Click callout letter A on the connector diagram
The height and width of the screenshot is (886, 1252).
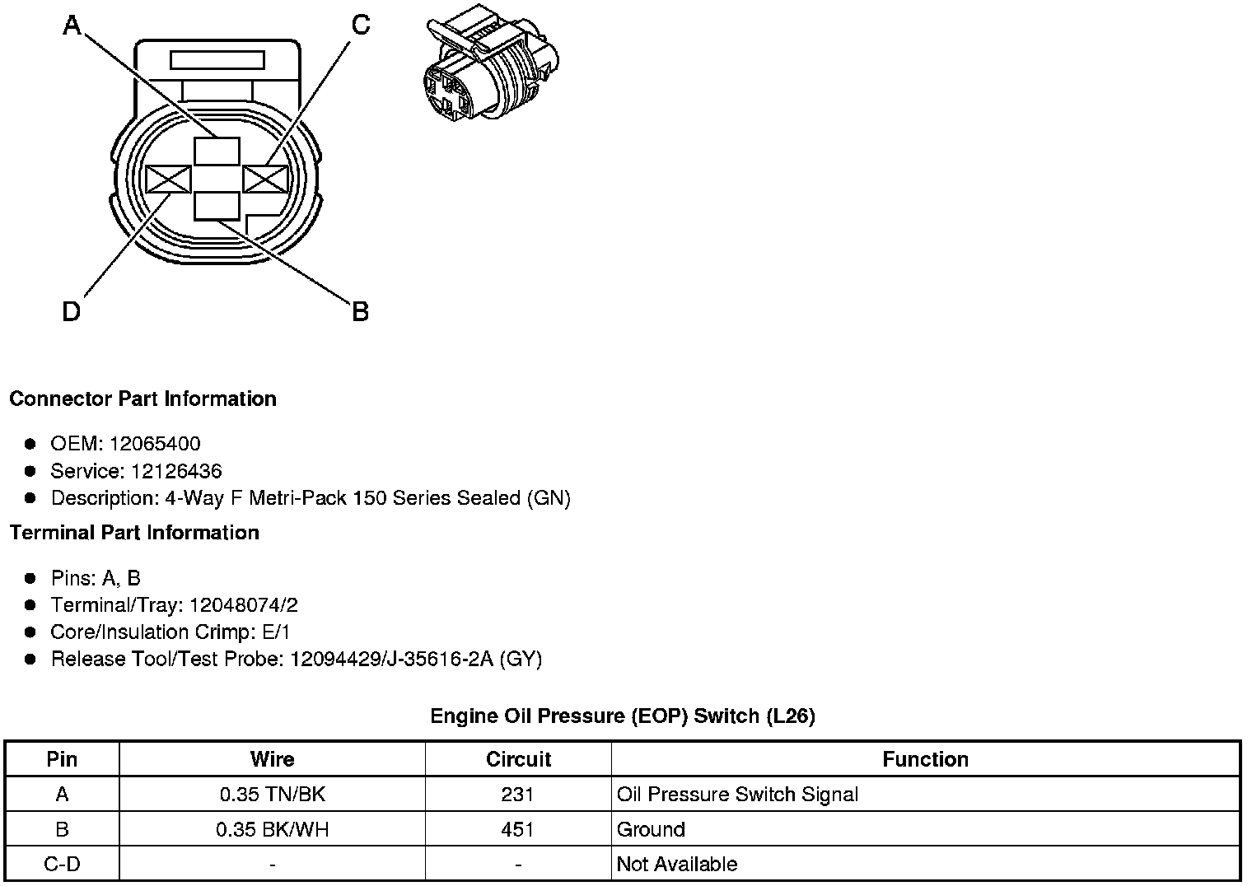[x=72, y=26]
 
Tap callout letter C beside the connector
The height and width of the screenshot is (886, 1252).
[x=361, y=26]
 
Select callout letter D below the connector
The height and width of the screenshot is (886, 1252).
[x=72, y=312]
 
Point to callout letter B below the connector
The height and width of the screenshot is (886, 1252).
[x=360, y=312]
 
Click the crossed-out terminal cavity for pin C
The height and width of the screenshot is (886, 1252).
[x=265, y=179]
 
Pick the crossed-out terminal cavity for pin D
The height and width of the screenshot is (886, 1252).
[x=168, y=179]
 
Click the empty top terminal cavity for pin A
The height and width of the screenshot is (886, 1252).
[x=217, y=152]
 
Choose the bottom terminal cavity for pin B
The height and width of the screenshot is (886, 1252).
[x=217, y=206]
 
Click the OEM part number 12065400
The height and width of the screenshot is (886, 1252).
[x=155, y=444]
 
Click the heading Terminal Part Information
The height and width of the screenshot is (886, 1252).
[x=134, y=533]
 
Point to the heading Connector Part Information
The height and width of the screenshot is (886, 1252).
[x=142, y=399]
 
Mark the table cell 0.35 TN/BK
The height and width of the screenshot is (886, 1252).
[x=272, y=795]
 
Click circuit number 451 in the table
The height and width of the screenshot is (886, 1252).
[x=517, y=829]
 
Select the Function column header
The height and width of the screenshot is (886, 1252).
[x=925, y=759]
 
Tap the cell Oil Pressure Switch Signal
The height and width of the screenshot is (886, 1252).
[x=737, y=795]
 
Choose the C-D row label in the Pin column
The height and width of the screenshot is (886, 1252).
[x=62, y=865]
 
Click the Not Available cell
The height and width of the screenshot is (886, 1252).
[x=676, y=865]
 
